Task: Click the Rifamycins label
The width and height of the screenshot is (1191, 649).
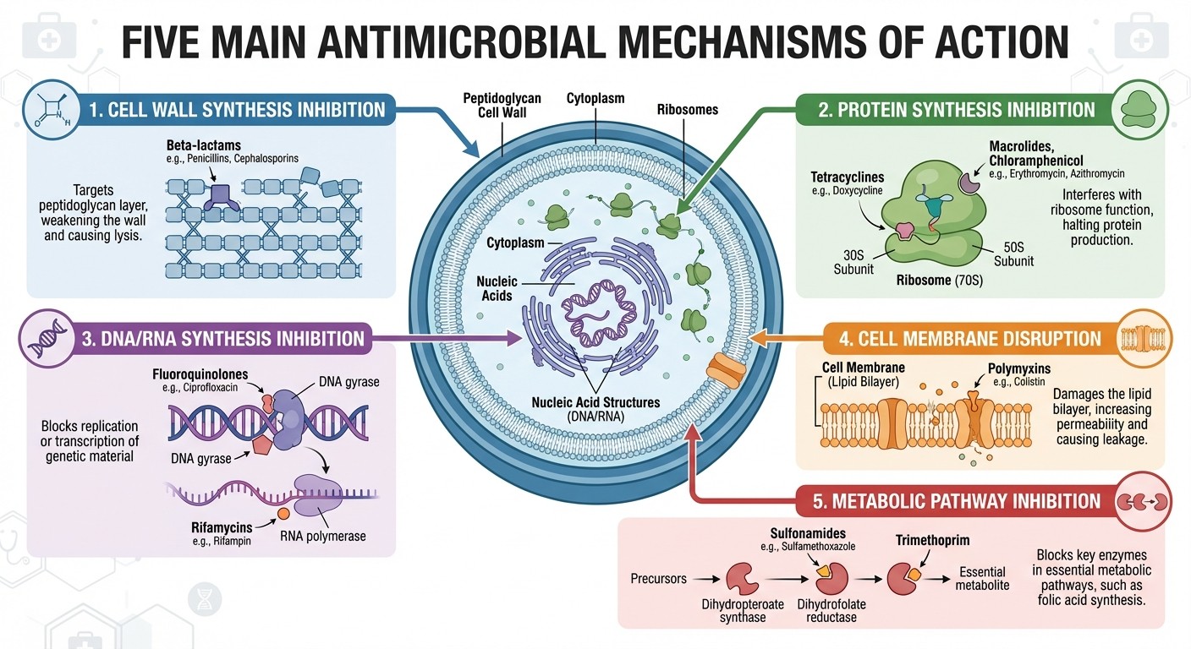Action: (x=222, y=528)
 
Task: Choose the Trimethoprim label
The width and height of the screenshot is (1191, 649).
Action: (x=933, y=540)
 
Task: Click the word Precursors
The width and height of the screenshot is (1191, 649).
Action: (x=657, y=579)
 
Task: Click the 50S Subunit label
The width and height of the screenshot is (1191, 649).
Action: (x=1013, y=254)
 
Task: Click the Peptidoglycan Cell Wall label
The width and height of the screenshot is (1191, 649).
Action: (x=502, y=106)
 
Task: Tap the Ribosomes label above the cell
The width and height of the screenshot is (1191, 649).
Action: (x=688, y=109)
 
